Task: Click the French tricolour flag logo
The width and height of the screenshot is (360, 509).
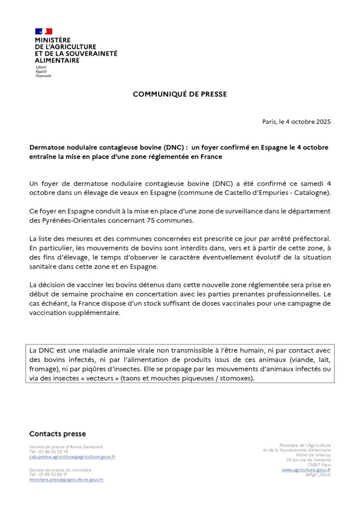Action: click(x=43, y=31)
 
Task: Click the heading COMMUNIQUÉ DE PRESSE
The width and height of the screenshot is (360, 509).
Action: click(x=180, y=94)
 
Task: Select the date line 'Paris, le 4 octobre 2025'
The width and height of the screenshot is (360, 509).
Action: click(x=296, y=122)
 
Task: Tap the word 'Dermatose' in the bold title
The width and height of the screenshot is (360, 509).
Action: click(x=48, y=148)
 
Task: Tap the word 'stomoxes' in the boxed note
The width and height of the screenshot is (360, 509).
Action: click(x=237, y=378)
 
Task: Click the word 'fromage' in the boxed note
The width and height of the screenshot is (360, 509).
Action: click(x=43, y=369)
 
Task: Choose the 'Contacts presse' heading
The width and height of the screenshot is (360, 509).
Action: click(x=57, y=434)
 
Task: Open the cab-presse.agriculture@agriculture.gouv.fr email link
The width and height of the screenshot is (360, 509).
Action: click(x=72, y=457)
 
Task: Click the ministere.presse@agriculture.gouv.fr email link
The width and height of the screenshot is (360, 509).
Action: click(x=66, y=480)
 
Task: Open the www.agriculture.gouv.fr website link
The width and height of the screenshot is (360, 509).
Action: click(x=306, y=470)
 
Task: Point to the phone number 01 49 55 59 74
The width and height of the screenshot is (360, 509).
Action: click(x=52, y=452)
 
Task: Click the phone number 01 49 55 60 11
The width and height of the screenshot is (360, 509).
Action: click(x=52, y=475)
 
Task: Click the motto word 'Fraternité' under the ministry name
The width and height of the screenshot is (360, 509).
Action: click(x=43, y=76)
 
